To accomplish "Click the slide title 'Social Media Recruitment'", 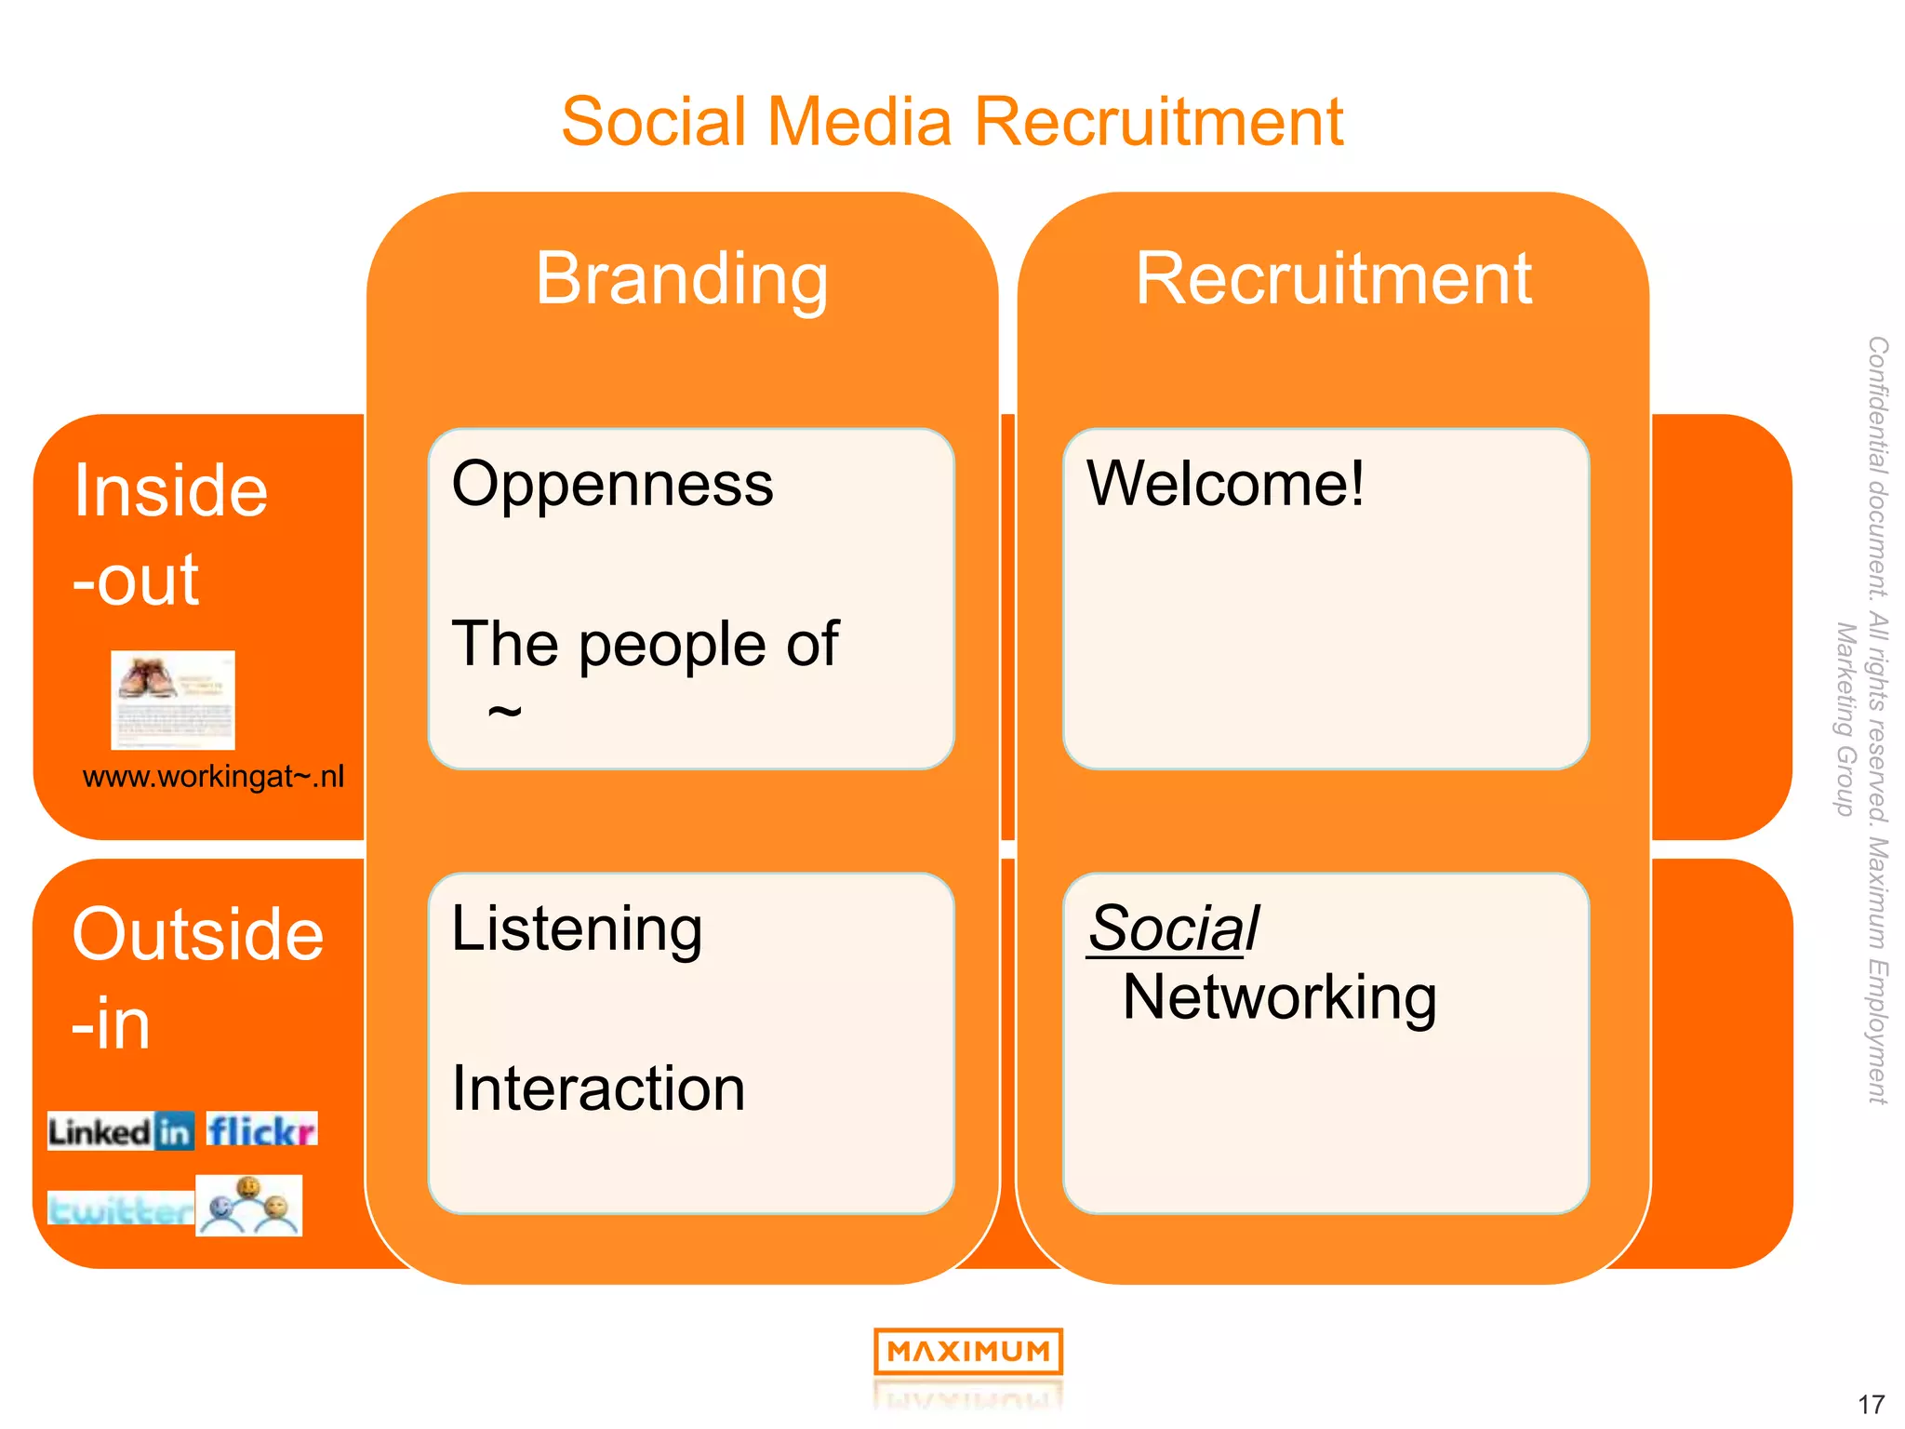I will tap(952, 122).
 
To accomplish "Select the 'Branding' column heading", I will tap(681, 278).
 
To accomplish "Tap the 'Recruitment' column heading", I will tap(1333, 278).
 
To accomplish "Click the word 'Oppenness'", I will tap(612, 485).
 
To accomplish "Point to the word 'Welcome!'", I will tap(1225, 485).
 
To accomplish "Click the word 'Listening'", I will tap(577, 929).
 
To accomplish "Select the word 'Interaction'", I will tap(598, 1088).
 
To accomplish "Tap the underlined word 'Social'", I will tap(1174, 928).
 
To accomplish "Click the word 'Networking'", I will tap(1279, 997).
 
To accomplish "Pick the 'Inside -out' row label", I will tap(170, 534).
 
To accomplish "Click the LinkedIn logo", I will tap(121, 1131).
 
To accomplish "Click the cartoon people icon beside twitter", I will tap(249, 1206).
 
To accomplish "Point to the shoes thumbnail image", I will tap(173, 700).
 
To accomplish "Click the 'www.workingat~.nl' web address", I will tap(213, 776).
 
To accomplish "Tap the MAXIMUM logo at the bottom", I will tap(967, 1352).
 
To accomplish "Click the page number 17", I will tap(1871, 1404).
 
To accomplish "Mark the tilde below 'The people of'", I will tap(504, 713).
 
